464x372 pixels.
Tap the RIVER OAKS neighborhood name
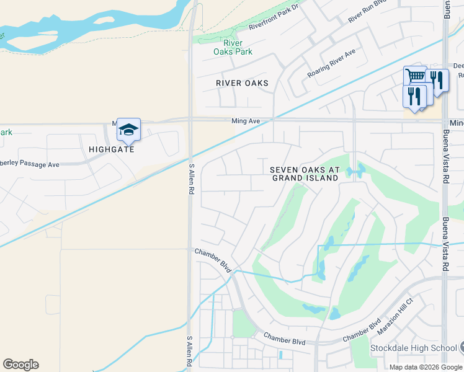pos(242,83)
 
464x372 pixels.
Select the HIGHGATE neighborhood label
pos(111,149)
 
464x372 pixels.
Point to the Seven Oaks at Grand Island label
pos(305,174)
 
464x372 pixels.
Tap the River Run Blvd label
pos(367,12)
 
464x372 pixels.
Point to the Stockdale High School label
pos(413,348)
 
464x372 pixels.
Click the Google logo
pos(20,365)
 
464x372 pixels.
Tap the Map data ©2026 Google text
pos(426,367)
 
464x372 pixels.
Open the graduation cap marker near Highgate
pos(128,130)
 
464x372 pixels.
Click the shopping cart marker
pos(415,77)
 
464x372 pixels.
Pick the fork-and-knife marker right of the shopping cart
pos(438,81)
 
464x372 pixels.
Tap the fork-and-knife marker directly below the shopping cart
pos(414,96)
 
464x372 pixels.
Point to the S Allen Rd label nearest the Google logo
pos(191,351)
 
